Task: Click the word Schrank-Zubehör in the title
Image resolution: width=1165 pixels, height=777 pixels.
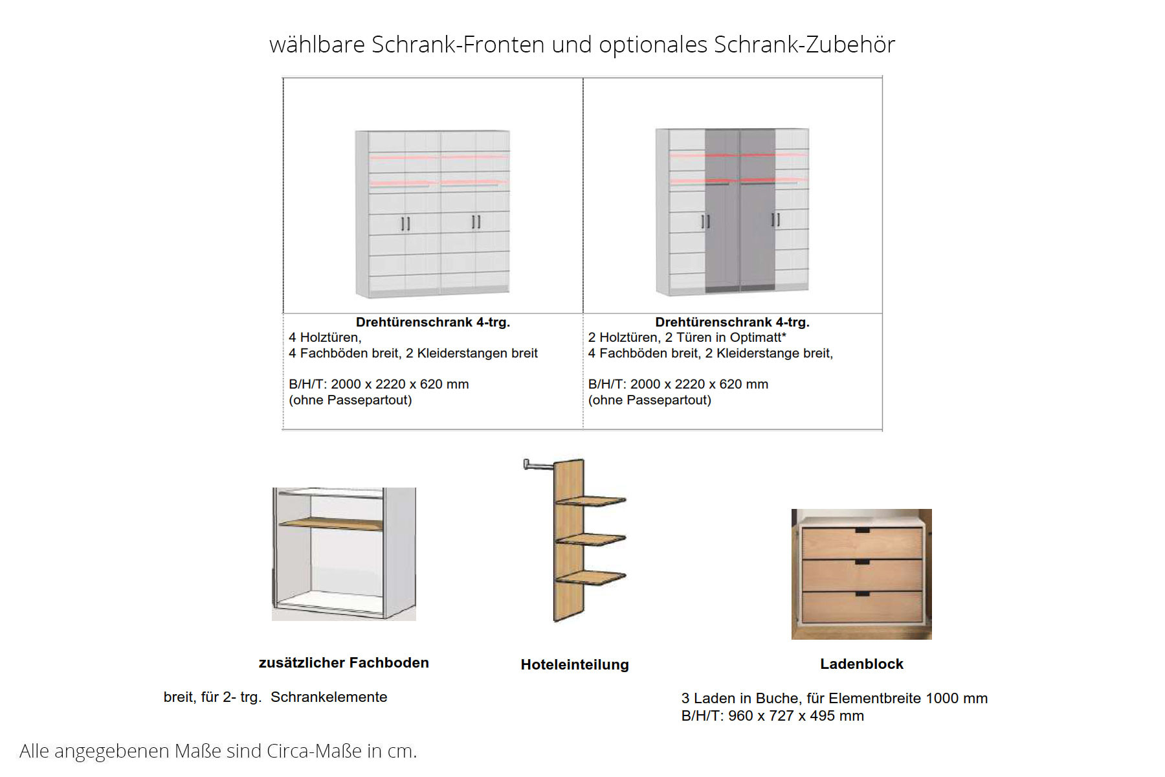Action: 804,45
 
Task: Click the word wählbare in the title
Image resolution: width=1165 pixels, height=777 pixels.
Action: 316,45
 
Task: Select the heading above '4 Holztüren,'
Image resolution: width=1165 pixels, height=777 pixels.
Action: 433,322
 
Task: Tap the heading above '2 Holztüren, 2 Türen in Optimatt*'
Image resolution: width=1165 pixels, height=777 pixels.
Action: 732,322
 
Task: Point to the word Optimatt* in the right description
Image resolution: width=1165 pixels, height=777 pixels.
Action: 758,337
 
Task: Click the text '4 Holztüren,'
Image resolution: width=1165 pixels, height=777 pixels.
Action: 325,337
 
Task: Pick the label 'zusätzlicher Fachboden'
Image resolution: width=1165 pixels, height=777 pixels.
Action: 344,662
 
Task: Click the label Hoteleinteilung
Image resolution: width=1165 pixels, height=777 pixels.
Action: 575,664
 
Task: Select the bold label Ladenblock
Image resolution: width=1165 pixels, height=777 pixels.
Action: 861,664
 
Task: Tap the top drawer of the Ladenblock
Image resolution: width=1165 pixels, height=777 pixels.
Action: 862,543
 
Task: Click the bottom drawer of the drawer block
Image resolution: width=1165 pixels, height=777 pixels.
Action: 862,607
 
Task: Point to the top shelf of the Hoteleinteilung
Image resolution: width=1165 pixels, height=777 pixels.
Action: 591,501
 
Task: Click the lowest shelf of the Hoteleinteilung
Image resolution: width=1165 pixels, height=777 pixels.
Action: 591,578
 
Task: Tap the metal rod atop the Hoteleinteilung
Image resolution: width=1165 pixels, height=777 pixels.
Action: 538,464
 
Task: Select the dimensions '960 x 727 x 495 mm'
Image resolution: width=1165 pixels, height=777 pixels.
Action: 796,715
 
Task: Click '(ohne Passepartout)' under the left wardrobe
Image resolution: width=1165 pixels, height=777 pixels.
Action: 350,400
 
